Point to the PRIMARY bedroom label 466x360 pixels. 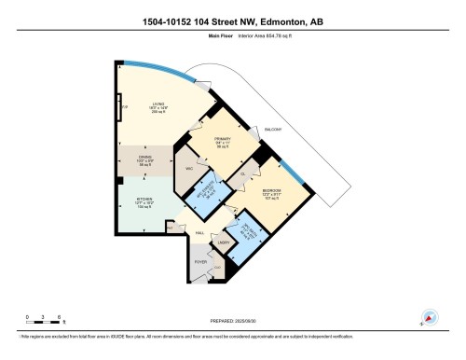[x=221, y=143]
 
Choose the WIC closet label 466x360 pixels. [x=189, y=170]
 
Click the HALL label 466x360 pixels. [x=199, y=231]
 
